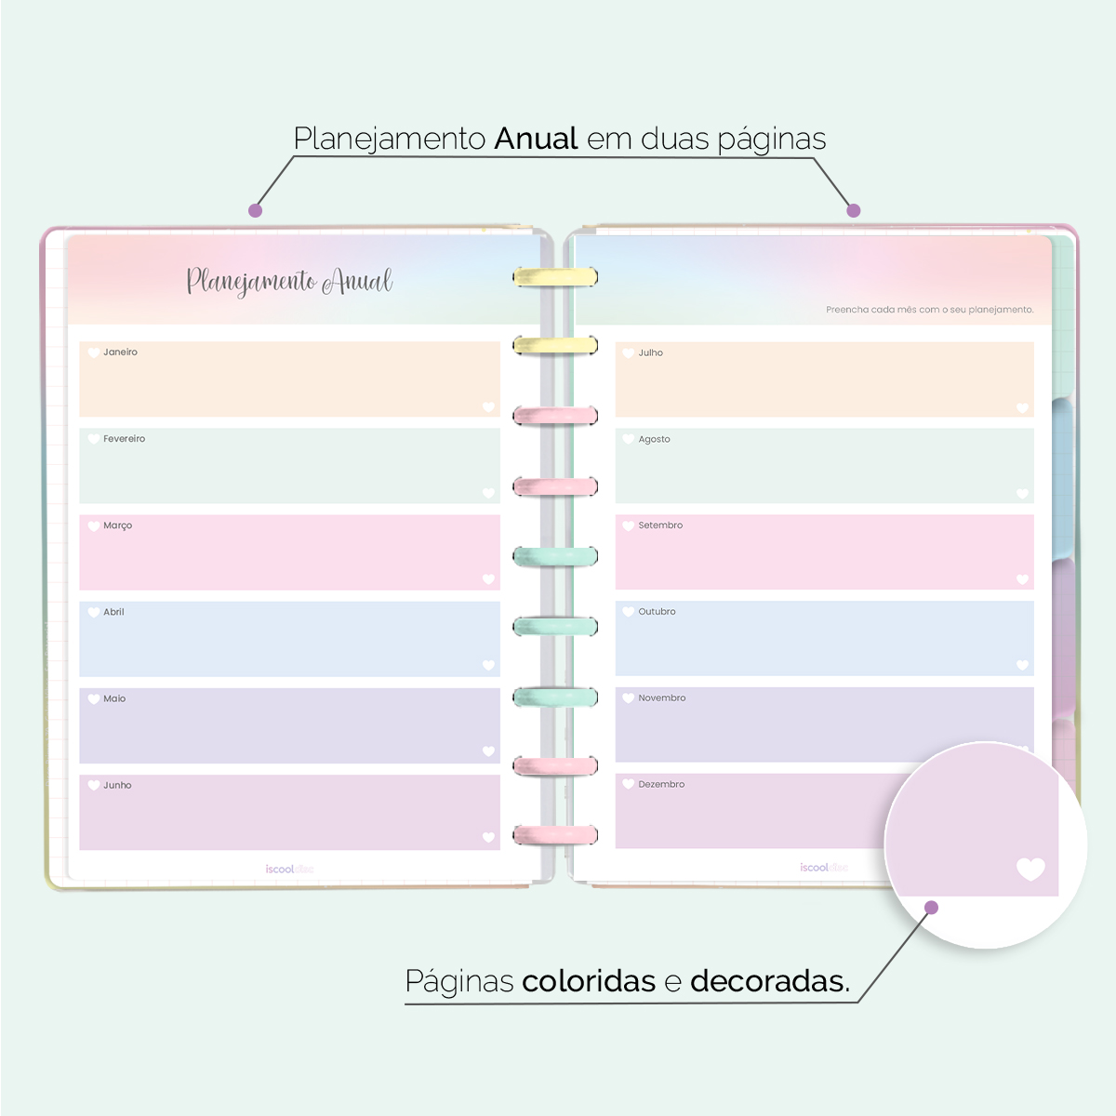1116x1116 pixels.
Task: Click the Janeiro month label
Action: [120, 352]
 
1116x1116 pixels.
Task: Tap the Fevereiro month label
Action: [124, 439]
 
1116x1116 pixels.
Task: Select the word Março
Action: [117, 525]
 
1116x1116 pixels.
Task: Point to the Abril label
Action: [113, 612]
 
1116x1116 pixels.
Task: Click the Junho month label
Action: [117, 785]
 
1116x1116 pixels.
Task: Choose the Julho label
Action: [650, 353]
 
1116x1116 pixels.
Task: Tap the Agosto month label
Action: [654, 439]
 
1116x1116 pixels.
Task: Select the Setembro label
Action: [660, 525]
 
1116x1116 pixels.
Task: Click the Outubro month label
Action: [657, 612]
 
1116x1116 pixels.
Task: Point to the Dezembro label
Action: [661, 785]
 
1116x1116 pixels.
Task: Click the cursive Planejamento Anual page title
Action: [289, 281]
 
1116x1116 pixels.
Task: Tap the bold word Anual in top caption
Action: [537, 139]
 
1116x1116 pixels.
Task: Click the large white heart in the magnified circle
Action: [1030, 869]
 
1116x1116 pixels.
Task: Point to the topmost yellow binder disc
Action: [555, 276]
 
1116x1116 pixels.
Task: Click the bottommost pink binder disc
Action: [555, 834]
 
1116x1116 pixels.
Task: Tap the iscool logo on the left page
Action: [289, 870]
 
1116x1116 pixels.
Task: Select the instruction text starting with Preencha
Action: [929, 310]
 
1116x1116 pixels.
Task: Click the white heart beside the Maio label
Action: [93, 698]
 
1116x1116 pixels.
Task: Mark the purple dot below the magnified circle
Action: [932, 908]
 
